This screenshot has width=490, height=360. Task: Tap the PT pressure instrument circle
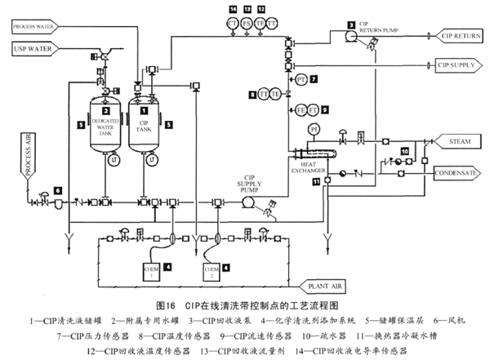pyautogui.click(x=301, y=79)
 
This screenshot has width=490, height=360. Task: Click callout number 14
pyautogui.click(x=233, y=8)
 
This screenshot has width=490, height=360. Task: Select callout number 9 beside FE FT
pyautogui.click(x=325, y=109)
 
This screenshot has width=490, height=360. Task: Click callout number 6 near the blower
pyautogui.click(x=58, y=189)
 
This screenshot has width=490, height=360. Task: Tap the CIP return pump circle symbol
pyautogui.click(x=352, y=38)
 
